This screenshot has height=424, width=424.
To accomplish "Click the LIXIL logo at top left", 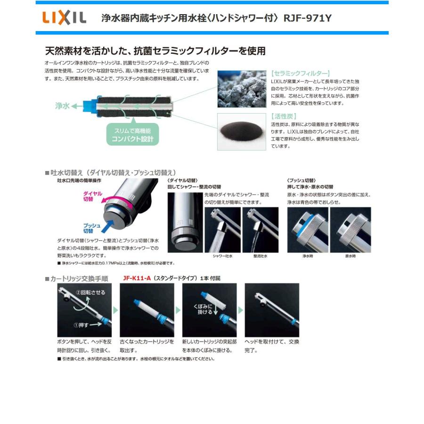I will pos(65,18).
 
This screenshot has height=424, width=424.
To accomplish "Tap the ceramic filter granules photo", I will pos(242,89).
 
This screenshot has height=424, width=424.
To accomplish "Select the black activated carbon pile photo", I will pos(242,131).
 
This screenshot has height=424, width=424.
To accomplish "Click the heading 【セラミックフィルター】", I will pos(301,73).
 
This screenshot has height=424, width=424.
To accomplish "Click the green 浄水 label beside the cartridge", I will pos(62,106).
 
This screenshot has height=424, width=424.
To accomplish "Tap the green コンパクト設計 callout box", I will pos(132,135).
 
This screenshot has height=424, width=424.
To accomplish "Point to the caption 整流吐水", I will pos(260,256).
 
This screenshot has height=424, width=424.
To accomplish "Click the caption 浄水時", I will pos(308,256).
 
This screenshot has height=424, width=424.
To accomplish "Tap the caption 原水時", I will pos(350,256).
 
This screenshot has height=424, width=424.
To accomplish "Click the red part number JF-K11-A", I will pos(137,278).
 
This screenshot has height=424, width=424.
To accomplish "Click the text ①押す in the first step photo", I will pos(81,324).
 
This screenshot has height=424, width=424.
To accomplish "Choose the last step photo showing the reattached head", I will pos(272,310).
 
